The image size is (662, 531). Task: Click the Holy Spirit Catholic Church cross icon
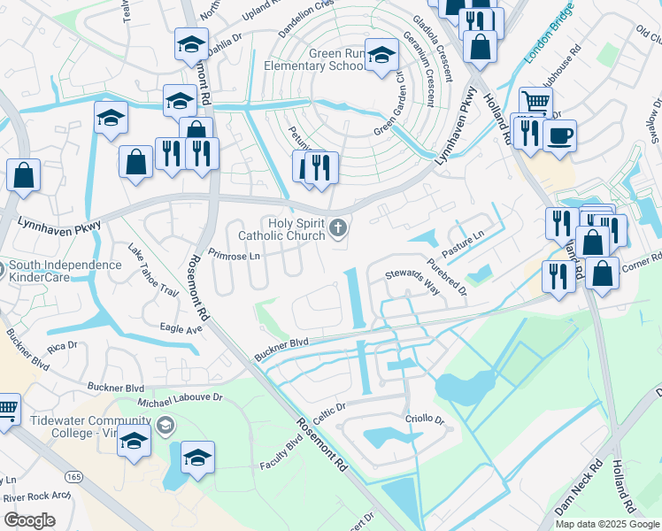(x=337, y=230)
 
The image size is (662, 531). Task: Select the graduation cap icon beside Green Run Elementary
(x=381, y=57)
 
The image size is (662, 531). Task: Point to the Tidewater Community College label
(x=75, y=427)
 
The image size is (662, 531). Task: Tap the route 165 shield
(x=73, y=477)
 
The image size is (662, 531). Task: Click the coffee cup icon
(x=559, y=136)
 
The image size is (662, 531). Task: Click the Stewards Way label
(x=412, y=277)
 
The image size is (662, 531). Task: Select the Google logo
(x=29, y=520)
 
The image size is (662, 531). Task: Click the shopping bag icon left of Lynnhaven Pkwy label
(x=23, y=175)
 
